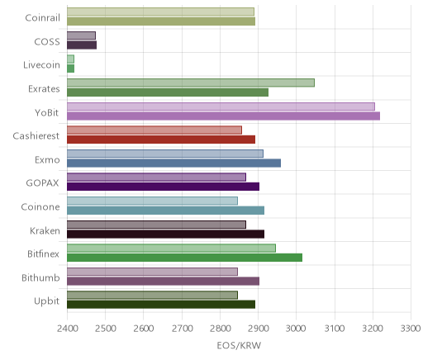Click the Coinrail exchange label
(42, 18)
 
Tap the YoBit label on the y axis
(47, 112)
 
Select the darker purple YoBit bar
(223, 116)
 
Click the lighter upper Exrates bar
(191, 83)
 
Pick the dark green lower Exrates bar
(168, 92)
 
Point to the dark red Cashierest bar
(161, 140)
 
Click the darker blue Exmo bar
(173, 163)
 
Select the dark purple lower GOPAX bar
(163, 187)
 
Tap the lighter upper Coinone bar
(152, 201)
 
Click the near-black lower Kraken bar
(165, 234)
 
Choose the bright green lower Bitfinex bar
(184, 258)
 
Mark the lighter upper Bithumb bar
(152, 272)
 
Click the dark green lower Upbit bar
(161, 305)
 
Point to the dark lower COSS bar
(82, 45)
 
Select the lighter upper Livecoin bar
(70, 59)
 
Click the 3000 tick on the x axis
(296, 329)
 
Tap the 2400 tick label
(67, 329)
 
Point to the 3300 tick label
(411, 329)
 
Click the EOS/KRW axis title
(239, 346)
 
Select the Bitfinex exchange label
(43, 254)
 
